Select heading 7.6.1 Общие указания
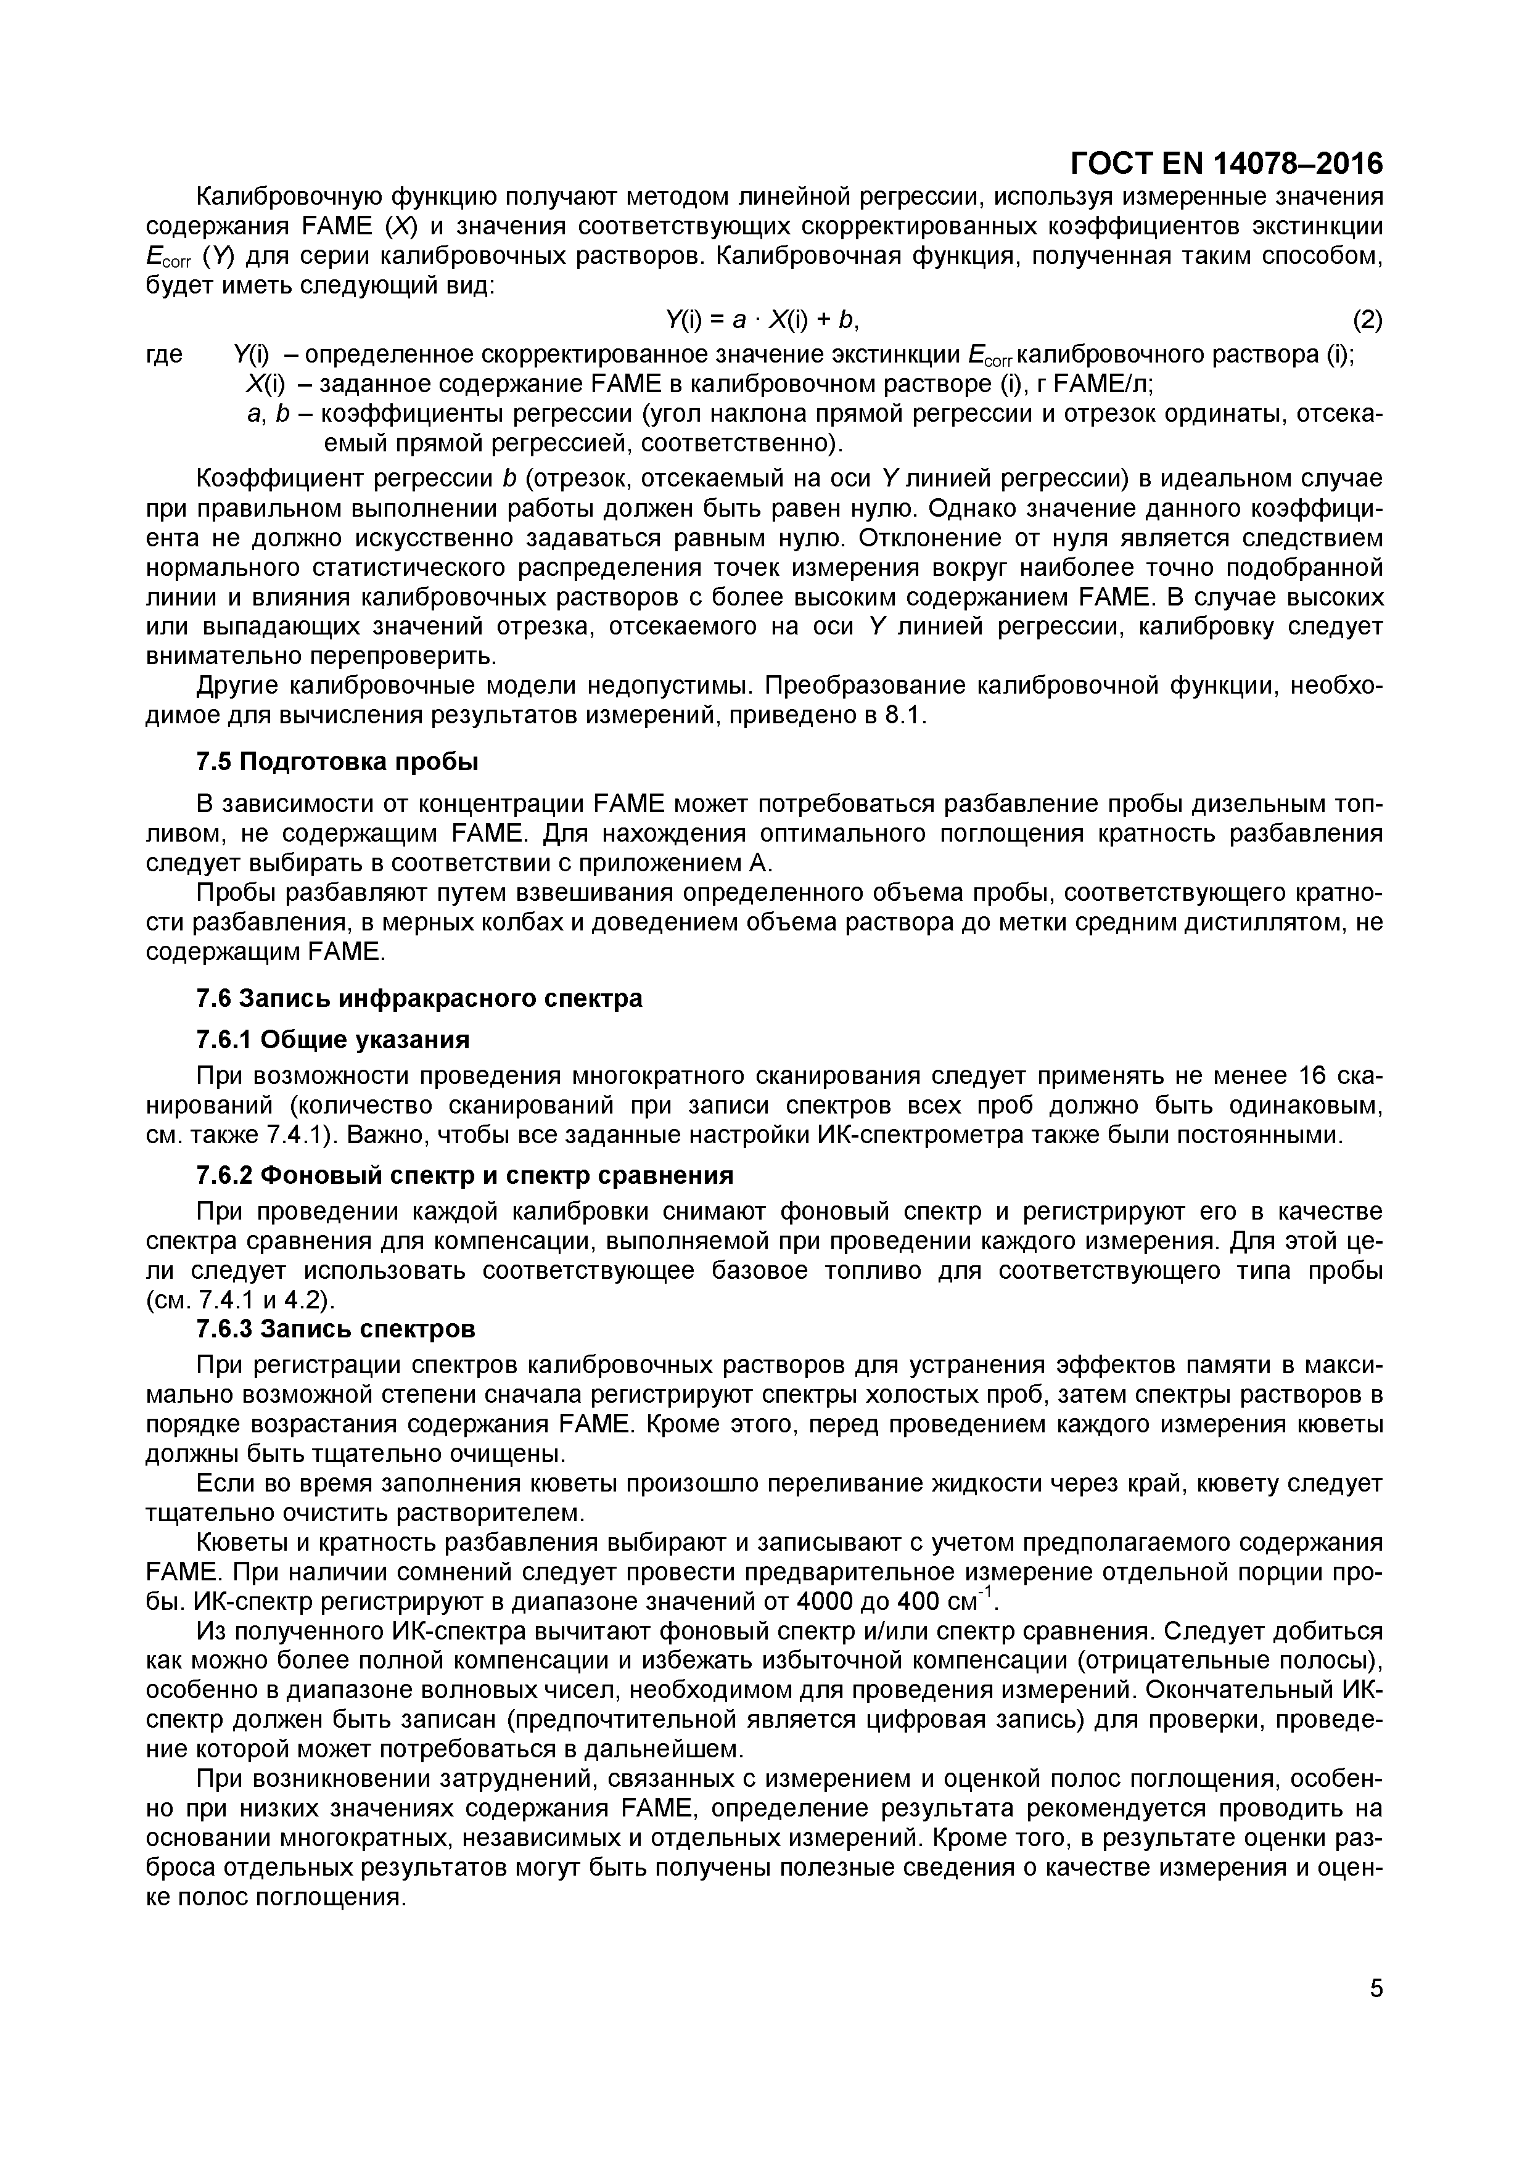click(x=332, y=1039)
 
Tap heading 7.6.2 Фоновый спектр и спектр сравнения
click(x=464, y=1176)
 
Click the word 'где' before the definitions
click(x=164, y=355)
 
